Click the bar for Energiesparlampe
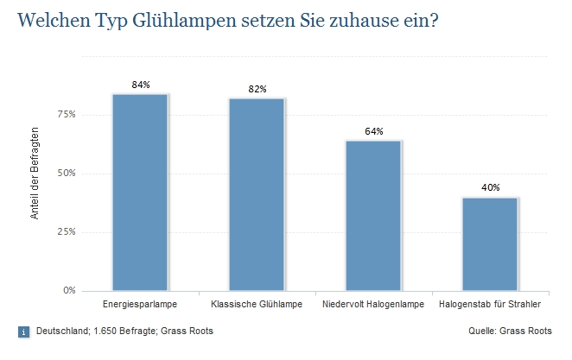click(140, 192)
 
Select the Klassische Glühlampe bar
click(257, 194)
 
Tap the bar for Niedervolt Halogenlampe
click(373, 215)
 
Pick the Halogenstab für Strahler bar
click(490, 243)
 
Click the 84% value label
click(141, 85)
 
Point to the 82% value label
click(257, 89)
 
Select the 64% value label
click(373, 131)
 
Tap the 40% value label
click(490, 187)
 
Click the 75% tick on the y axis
click(67, 114)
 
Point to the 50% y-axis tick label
click(67, 173)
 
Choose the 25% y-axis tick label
click(67, 231)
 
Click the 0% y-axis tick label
click(69, 290)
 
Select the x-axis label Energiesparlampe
click(140, 306)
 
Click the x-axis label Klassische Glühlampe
click(257, 306)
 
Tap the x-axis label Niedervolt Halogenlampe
click(373, 306)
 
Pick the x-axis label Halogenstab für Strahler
click(490, 306)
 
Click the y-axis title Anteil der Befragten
click(35, 173)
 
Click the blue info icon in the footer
click(23, 332)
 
